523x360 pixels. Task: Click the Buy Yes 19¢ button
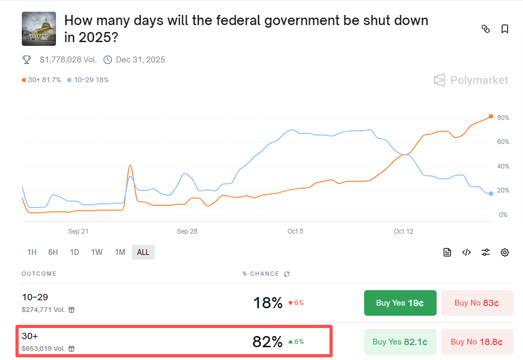[400, 303]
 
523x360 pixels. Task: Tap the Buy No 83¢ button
[477, 303]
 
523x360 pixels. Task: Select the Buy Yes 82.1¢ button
[400, 342]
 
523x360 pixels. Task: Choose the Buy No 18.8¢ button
[477, 342]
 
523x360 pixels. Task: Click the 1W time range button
[96, 252]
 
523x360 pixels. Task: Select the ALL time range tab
[143, 252]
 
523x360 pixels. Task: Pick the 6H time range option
[53, 252]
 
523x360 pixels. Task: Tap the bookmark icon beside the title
[504, 29]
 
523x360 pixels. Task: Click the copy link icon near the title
[485, 29]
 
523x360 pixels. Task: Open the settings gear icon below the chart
[505, 252]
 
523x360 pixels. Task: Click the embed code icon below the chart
[466, 252]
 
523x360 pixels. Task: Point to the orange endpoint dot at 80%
[490, 116]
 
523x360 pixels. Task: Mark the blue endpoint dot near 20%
[490, 194]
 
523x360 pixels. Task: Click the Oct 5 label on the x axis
[295, 231]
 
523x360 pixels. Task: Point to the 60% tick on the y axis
[503, 142]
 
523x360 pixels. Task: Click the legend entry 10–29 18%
[88, 80]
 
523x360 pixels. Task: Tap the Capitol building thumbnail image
[38, 28]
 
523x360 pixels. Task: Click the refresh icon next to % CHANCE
[287, 274]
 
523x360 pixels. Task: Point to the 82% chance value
[267, 342]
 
